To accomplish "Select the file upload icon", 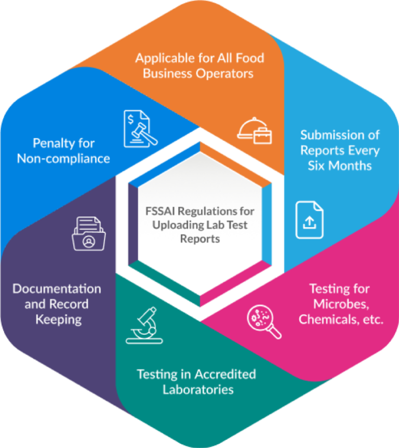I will pyautogui.click(x=309, y=220).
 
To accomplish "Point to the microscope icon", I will pyautogui.click(x=141, y=325).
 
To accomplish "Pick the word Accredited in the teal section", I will pyautogui.click(x=225, y=374).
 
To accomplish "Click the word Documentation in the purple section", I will pyautogui.click(x=57, y=288).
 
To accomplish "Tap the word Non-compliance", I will pyautogui.click(x=63, y=159).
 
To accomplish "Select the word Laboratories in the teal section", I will pyautogui.click(x=198, y=389).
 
